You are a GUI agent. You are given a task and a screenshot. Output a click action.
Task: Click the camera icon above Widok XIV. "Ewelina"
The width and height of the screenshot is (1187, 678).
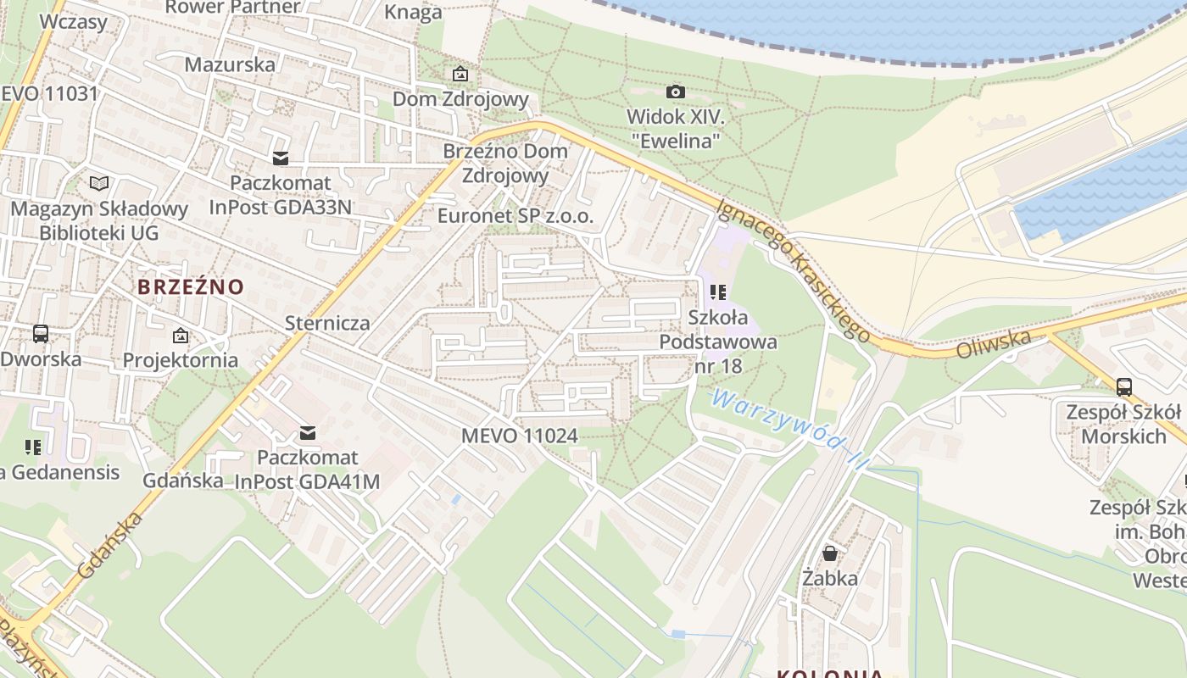675,92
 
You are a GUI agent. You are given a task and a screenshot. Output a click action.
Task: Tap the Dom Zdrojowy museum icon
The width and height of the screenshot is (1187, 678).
460,75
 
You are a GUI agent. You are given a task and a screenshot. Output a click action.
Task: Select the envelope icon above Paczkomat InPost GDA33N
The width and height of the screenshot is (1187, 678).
280,158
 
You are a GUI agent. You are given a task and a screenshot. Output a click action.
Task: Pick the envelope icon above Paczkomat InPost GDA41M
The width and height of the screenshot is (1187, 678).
307,433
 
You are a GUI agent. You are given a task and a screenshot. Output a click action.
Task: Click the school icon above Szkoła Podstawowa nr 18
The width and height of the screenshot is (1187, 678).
718,293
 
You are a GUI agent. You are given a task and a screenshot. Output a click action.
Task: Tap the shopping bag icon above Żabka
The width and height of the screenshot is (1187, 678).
830,553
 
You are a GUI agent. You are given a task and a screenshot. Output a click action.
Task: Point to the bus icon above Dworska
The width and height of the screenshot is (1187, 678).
40,334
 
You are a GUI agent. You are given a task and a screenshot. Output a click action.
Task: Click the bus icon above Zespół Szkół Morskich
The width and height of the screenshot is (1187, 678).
1123,387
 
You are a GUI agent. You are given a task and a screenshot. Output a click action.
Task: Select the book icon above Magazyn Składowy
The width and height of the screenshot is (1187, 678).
99,183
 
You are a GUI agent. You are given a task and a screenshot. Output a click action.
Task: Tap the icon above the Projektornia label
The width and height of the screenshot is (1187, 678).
180,336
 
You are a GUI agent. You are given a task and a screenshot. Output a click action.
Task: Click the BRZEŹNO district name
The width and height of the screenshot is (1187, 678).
190,286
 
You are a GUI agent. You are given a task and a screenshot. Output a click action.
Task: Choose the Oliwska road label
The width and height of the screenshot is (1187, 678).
994,345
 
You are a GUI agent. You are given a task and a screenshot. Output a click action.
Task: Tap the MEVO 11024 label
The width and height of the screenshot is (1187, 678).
519,436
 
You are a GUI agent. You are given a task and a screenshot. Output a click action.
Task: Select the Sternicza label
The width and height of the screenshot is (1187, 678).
327,323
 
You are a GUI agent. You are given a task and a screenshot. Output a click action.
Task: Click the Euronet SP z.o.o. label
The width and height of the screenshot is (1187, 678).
515,216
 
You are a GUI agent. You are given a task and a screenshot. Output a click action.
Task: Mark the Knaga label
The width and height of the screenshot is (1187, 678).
413,12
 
